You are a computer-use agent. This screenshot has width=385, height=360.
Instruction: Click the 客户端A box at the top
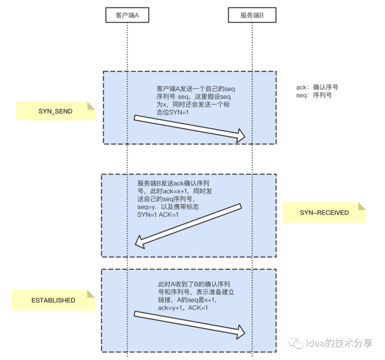pos(127,16)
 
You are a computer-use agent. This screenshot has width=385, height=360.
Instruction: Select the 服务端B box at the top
pos(252,16)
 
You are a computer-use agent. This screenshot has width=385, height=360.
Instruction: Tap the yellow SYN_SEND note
pos(56,111)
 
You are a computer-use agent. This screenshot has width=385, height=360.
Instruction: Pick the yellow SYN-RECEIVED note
pos(324,213)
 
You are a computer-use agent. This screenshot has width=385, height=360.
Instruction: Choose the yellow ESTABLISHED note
pos(53,300)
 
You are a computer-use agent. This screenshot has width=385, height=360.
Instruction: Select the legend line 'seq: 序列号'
pos(314,95)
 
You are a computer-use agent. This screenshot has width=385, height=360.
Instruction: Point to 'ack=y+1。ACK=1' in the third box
pos(183,308)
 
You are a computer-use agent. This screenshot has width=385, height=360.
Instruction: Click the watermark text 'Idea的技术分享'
pos(339,343)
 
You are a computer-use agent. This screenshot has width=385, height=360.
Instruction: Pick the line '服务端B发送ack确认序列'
pos(175,183)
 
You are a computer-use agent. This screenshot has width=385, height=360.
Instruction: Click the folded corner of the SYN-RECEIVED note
pos(362,206)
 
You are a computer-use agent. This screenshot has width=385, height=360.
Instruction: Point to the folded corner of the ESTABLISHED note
pos(91,294)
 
